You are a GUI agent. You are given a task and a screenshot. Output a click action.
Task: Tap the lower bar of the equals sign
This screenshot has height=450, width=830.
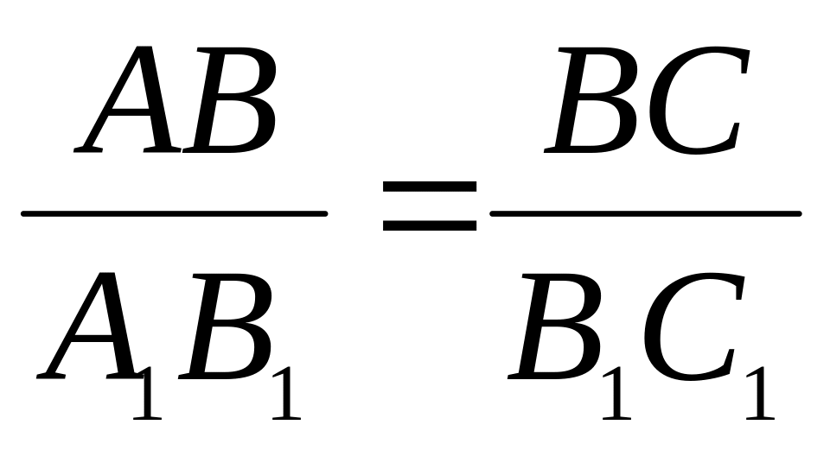(430, 226)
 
